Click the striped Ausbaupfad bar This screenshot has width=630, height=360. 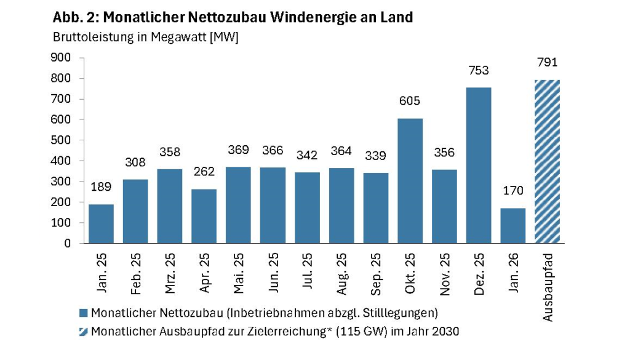(x=547, y=161)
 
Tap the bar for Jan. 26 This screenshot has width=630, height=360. (x=512, y=225)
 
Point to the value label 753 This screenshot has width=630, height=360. (x=479, y=71)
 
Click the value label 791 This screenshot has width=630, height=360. (x=547, y=62)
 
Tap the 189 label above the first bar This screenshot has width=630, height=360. (x=101, y=187)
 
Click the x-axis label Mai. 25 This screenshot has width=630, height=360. (x=239, y=272)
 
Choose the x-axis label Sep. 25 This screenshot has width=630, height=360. (x=376, y=272)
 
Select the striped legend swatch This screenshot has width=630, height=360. (x=84, y=332)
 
